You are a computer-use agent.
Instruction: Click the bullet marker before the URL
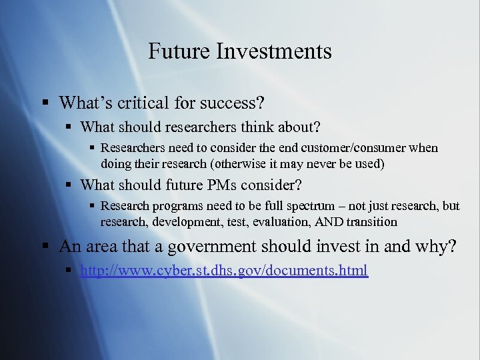click(x=71, y=270)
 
